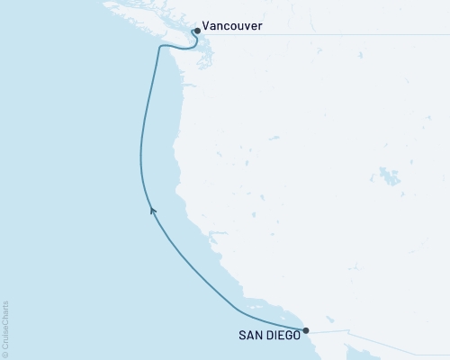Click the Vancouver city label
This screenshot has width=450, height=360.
[233, 27]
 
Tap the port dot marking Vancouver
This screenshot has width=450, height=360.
[196, 30]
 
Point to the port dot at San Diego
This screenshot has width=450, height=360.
[306, 329]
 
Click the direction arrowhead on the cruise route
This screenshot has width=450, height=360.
[152, 211]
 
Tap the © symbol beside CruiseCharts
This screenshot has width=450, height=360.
[6, 352]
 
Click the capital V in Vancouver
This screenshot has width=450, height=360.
[207, 27]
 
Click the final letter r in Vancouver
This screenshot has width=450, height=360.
[261, 27]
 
